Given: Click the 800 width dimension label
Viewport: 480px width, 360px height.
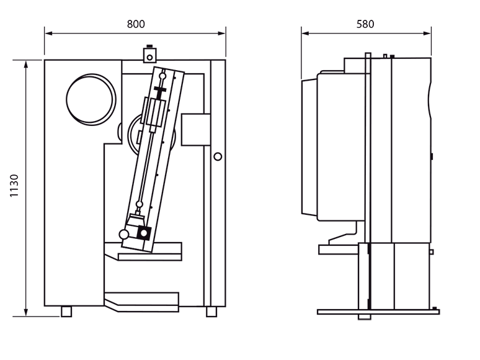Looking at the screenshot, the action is [136, 24].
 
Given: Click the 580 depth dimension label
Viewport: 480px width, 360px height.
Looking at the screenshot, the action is [365, 24].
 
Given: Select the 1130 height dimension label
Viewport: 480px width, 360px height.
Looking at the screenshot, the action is [14, 186].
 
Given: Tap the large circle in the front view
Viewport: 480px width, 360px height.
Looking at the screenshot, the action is [91, 99].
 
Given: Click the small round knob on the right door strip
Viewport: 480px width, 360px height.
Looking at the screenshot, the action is [218, 156].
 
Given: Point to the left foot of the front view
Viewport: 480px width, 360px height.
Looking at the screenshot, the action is [66, 312].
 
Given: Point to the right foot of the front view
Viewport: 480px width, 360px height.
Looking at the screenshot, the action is [211, 312].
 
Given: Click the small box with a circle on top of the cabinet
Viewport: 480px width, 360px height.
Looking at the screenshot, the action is [149, 55].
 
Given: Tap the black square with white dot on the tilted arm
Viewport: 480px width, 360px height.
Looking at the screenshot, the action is [144, 233].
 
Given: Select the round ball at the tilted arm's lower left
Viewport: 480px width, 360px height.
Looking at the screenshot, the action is [124, 235].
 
